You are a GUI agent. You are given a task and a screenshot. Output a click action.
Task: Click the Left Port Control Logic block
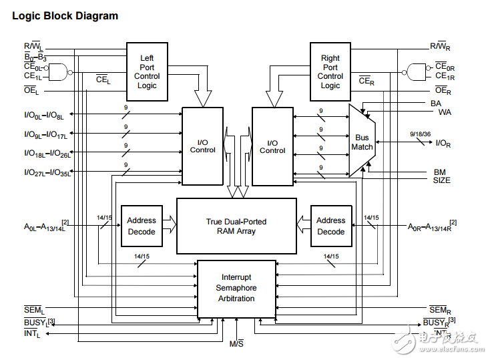tap(147, 71)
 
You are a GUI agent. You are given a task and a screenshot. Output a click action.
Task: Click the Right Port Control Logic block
tap(330, 71)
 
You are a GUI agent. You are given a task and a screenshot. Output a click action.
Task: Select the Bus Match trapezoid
tap(361, 142)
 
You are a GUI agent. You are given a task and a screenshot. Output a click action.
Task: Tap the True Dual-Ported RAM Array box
tap(236, 226)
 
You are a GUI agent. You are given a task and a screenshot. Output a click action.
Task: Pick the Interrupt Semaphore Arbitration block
tap(236, 289)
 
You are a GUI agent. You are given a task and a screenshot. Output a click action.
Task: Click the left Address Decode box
tap(142, 226)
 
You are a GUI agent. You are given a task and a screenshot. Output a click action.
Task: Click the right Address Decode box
tap(330, 226)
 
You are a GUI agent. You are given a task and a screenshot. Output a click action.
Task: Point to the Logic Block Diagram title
tap(65, 16)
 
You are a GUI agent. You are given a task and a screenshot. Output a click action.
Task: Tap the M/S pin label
tap(237, 344)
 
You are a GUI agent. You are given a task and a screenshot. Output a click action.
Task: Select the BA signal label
tap(436, 104)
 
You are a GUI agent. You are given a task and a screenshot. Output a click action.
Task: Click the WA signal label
tap(444, 112)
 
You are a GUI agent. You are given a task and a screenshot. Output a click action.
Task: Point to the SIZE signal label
tap(441, 180)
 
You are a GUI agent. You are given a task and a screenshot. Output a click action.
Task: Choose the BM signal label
tap(439, 172)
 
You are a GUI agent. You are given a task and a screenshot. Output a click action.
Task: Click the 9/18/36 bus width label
tap(421, 134)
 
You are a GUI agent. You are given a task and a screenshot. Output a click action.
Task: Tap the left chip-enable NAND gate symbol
tap(61, 71)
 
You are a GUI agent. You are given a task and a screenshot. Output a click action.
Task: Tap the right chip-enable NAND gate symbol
tap(417, 71)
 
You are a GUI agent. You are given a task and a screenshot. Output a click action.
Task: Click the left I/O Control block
tap(202, 146)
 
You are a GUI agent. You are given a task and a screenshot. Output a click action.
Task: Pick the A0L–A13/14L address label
tap(46, 227)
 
